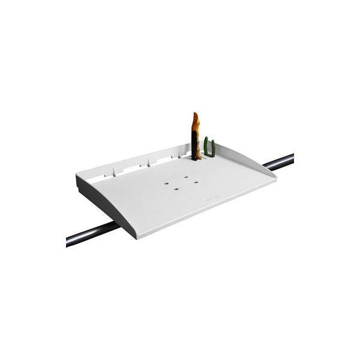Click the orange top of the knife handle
pos(195,124)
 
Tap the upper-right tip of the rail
pos(292,157)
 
